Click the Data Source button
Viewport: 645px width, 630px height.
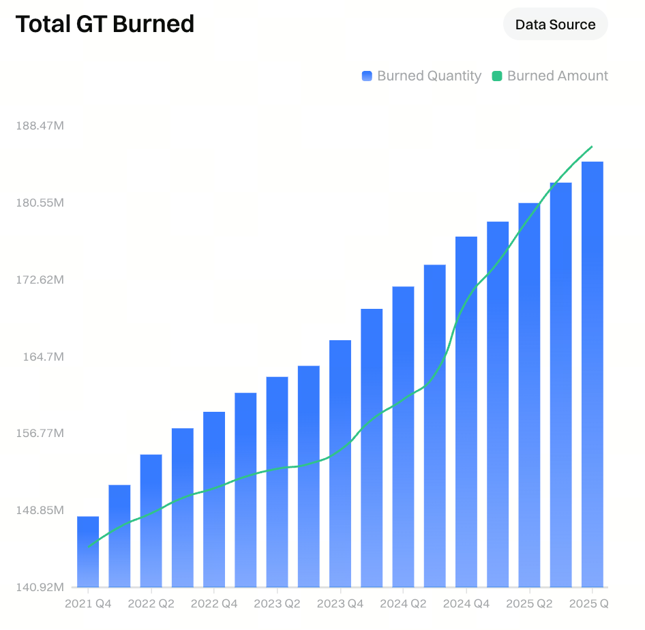point(555,25)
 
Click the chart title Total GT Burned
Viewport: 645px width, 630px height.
point(105,24)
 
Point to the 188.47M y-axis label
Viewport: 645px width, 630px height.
point(40,126)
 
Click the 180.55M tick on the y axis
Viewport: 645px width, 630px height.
point(40,203)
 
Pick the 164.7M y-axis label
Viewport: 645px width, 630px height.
point(42,357)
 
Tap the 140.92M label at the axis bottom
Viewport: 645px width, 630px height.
point(40,587)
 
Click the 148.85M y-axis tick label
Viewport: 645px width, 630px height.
point(40,510)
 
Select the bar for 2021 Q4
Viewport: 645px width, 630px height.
point(88,552)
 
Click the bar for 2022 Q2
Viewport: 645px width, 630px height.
point(151,522)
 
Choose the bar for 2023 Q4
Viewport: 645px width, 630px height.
point(340,464)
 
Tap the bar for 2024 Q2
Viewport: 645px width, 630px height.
point(403,436)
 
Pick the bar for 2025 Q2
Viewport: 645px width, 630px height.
point(529,395)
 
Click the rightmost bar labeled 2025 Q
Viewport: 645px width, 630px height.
point(592,375)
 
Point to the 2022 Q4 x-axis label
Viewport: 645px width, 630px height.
point(214,604)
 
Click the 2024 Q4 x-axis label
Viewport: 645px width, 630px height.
point(466,604)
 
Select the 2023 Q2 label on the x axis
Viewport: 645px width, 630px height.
point(277,604)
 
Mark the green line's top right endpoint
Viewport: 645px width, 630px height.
point(592,147)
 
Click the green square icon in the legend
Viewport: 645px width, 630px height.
point(497,76)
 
